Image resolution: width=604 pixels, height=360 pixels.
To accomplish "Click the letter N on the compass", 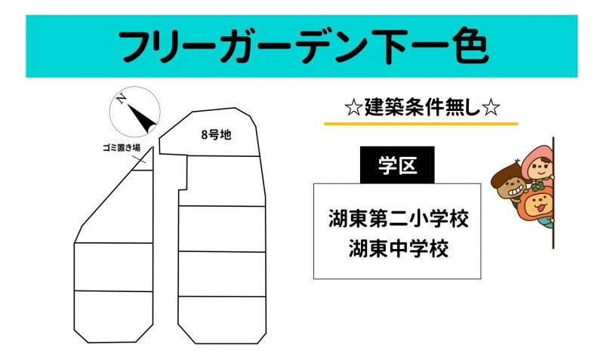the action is (122, 99).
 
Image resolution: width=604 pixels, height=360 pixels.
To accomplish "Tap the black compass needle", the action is (143, 118).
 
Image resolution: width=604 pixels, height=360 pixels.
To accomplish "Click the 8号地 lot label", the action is (216, 135).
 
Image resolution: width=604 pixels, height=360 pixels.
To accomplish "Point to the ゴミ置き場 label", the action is (122, 147).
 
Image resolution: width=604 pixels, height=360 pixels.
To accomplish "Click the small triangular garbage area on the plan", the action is (146, 162).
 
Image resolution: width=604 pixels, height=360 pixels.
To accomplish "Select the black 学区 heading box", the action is (397, 165).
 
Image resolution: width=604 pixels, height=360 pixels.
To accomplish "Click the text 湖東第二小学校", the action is (399, 219).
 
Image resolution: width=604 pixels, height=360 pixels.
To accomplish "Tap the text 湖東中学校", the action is (399, 248).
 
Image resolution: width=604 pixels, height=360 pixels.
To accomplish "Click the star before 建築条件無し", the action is (353, 108).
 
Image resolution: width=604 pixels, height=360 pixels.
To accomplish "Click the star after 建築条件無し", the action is (491, 108).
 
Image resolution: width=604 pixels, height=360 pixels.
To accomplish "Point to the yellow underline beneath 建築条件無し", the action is (421, 124).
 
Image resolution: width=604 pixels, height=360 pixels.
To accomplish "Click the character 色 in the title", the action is (470, 45).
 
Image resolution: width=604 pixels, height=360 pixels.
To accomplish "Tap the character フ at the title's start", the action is (136, 46).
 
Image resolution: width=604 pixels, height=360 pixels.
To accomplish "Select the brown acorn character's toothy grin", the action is (516, 190).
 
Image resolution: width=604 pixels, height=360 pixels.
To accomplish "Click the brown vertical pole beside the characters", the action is (553, 192).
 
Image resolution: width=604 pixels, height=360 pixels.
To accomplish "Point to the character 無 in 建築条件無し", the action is (455, 108).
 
